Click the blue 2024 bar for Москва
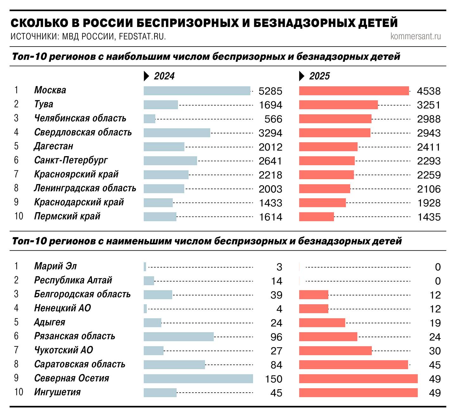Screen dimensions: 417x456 coord(197,91)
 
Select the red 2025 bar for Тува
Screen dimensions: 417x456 coord(338,105)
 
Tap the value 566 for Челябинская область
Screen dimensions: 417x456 coord(273,119)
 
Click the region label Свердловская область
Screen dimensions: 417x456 coord(83,132)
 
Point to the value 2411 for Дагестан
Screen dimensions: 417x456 coord(428,147)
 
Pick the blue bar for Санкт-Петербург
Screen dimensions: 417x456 coord(170,161)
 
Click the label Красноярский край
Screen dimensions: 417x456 coord(76,174)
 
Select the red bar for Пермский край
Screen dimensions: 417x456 coord(316,217)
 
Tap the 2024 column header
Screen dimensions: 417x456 coord(164,76)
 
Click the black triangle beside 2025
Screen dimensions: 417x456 coord(302,76)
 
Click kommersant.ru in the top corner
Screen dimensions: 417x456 coord(415,36)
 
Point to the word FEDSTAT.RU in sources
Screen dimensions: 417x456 coord(142,37)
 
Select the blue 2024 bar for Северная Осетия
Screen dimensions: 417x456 coord(198,379)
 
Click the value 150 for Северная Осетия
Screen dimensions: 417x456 coord(273,379)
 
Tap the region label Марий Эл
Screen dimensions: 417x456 coord(55,266)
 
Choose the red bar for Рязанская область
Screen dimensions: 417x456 coord(328,337)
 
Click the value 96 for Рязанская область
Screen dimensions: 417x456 coord(276,337)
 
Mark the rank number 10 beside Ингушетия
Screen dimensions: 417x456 coord(19,392)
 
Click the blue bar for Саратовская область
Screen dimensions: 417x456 coord(174,365)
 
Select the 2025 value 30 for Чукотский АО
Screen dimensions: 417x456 coord(434,351)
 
